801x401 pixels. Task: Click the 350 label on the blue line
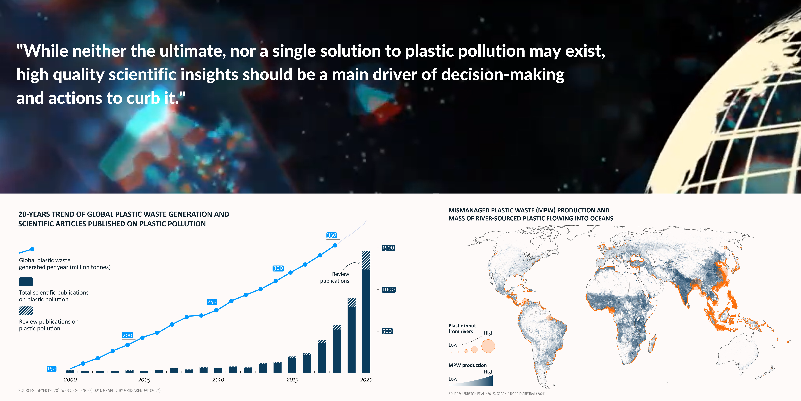click(331, 235)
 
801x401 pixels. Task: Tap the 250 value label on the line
click(212, 302)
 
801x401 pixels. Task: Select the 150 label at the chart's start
click(51, 369)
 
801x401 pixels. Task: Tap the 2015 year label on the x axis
click(292, 380)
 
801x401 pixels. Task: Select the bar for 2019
click(351, 335)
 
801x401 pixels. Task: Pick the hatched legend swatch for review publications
click(26, 311)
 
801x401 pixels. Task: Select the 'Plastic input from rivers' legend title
click(462, 328)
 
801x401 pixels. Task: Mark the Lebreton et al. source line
click(497, 394)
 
